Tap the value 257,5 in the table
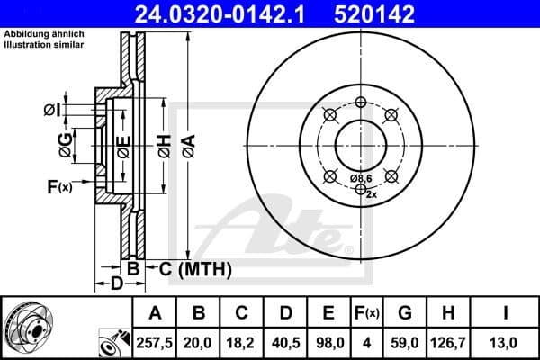click(x=155, y=343)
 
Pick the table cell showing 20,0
click(x=200, y=343)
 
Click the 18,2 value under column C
click(x=243, y=343)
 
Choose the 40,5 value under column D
click(x=286, y=343)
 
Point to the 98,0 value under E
click(x=329, y=343)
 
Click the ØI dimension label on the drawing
click(x=52, y=110)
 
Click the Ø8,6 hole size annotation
click(x=361, y=179)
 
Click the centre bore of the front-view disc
click(x=360, y=143)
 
